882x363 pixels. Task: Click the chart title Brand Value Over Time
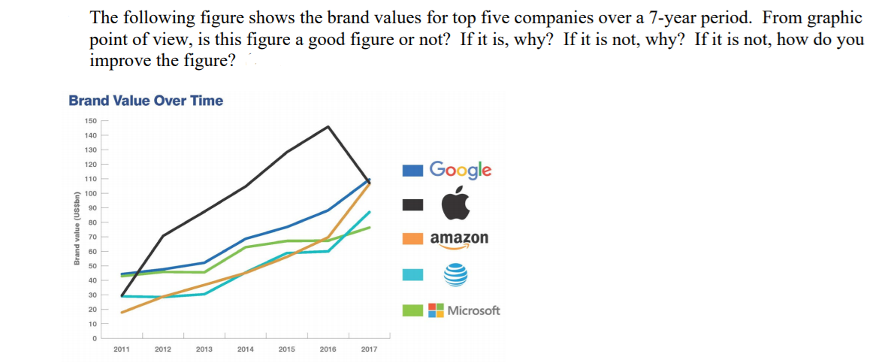pos(146,101)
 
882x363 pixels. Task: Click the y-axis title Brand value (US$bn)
pos(77,228)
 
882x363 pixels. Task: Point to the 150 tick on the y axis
pos(90,120)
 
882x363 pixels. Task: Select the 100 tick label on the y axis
pos(90,193)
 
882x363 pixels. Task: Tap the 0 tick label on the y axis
pos(95,338)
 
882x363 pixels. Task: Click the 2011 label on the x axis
pos(122,349)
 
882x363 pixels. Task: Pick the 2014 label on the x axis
pos(245,349)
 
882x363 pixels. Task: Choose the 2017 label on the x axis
pos(369,349)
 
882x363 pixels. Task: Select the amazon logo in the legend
pos(459,239)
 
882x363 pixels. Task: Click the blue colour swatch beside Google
pos(412,171)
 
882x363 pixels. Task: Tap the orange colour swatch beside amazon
pos(412,239)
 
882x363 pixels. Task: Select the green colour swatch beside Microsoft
pos(412,310)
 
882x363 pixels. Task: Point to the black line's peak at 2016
pos(328,126)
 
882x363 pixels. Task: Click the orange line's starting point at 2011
pos(122,312)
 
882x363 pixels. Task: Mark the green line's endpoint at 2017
pos(369,227)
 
